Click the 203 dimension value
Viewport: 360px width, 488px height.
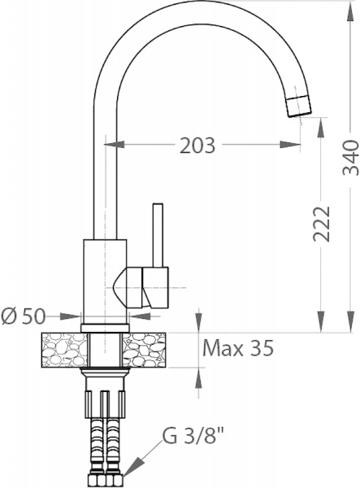coord(197,146)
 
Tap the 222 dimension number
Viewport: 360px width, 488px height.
coord(323,222)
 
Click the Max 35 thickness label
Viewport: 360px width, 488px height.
coord(237,349)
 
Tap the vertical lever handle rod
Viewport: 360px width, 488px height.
coord(156,235)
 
